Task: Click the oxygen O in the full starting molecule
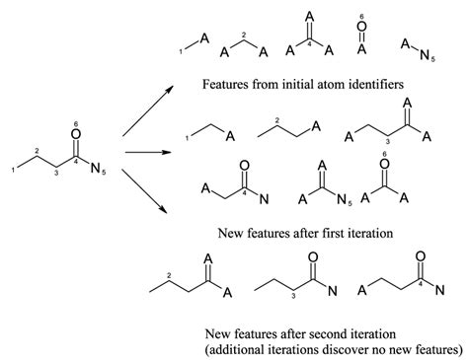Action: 77,139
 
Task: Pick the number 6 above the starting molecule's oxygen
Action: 77,123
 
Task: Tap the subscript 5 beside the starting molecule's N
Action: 103,174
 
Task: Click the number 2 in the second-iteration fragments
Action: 172,273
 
